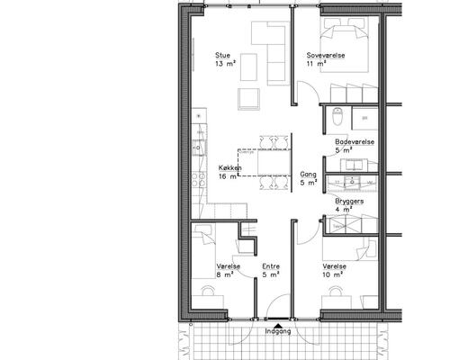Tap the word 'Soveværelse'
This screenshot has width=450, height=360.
tap(325, 54)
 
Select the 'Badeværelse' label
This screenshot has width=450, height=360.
tap(355, 142)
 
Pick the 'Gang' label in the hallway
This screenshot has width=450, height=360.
tap(307, 175)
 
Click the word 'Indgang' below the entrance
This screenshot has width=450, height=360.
tap(278, 330)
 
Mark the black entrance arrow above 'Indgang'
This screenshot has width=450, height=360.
tap(278, 320)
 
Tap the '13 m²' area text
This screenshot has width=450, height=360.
tap(224, 64)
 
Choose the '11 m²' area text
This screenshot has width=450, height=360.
tap(315, 64)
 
